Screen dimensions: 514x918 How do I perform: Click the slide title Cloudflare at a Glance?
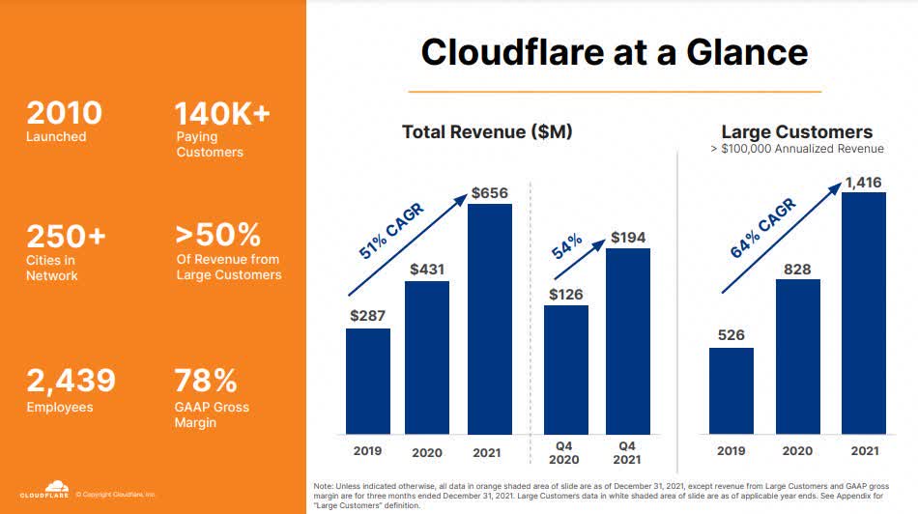click(x=614, y=52)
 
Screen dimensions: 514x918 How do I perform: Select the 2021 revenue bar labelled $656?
click(x=489, y=319)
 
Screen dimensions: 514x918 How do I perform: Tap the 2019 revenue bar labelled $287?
click(x=368, y=381)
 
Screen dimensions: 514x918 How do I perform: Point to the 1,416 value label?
click(x=864, y=180)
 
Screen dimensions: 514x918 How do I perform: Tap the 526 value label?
click(x=731, y=335)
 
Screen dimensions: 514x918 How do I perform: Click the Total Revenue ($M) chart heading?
click(x=487, y=132)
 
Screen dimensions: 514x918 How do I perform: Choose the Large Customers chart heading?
click(x=796, y=132)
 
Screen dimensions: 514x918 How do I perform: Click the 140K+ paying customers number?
click(x=223, y=113)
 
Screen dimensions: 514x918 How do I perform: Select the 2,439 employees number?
click(x=72, y=380)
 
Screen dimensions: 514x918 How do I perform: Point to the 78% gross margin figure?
click(x=205, y=380)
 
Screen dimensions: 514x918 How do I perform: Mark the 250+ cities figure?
click(x=66, y=236)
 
